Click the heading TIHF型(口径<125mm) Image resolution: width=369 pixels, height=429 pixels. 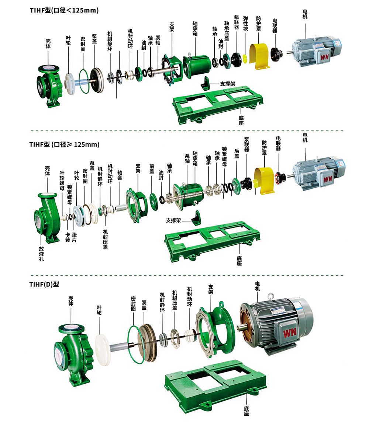[x=64, y=10]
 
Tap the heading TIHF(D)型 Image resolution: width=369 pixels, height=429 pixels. [x=44, y=285]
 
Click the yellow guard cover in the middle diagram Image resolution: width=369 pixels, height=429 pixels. [x=264, y=181]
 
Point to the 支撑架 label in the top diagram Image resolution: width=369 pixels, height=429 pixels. [x=228, y=84]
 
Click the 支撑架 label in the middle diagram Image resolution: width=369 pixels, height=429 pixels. [x=173, y=220]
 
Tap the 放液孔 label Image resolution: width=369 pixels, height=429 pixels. [x=41, y=254]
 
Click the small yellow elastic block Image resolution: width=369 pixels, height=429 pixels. [x=245, y=59]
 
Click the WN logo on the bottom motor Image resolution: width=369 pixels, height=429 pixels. [x=290, y=333]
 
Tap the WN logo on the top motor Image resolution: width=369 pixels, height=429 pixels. [x=324, y=57]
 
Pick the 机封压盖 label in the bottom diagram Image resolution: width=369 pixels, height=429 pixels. [x=175, y=300]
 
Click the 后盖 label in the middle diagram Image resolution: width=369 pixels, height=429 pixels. [x=237, y=153]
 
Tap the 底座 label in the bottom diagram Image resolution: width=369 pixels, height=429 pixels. [x=246, y=411]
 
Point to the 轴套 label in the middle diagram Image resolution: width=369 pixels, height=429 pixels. [x=120, y=175]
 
